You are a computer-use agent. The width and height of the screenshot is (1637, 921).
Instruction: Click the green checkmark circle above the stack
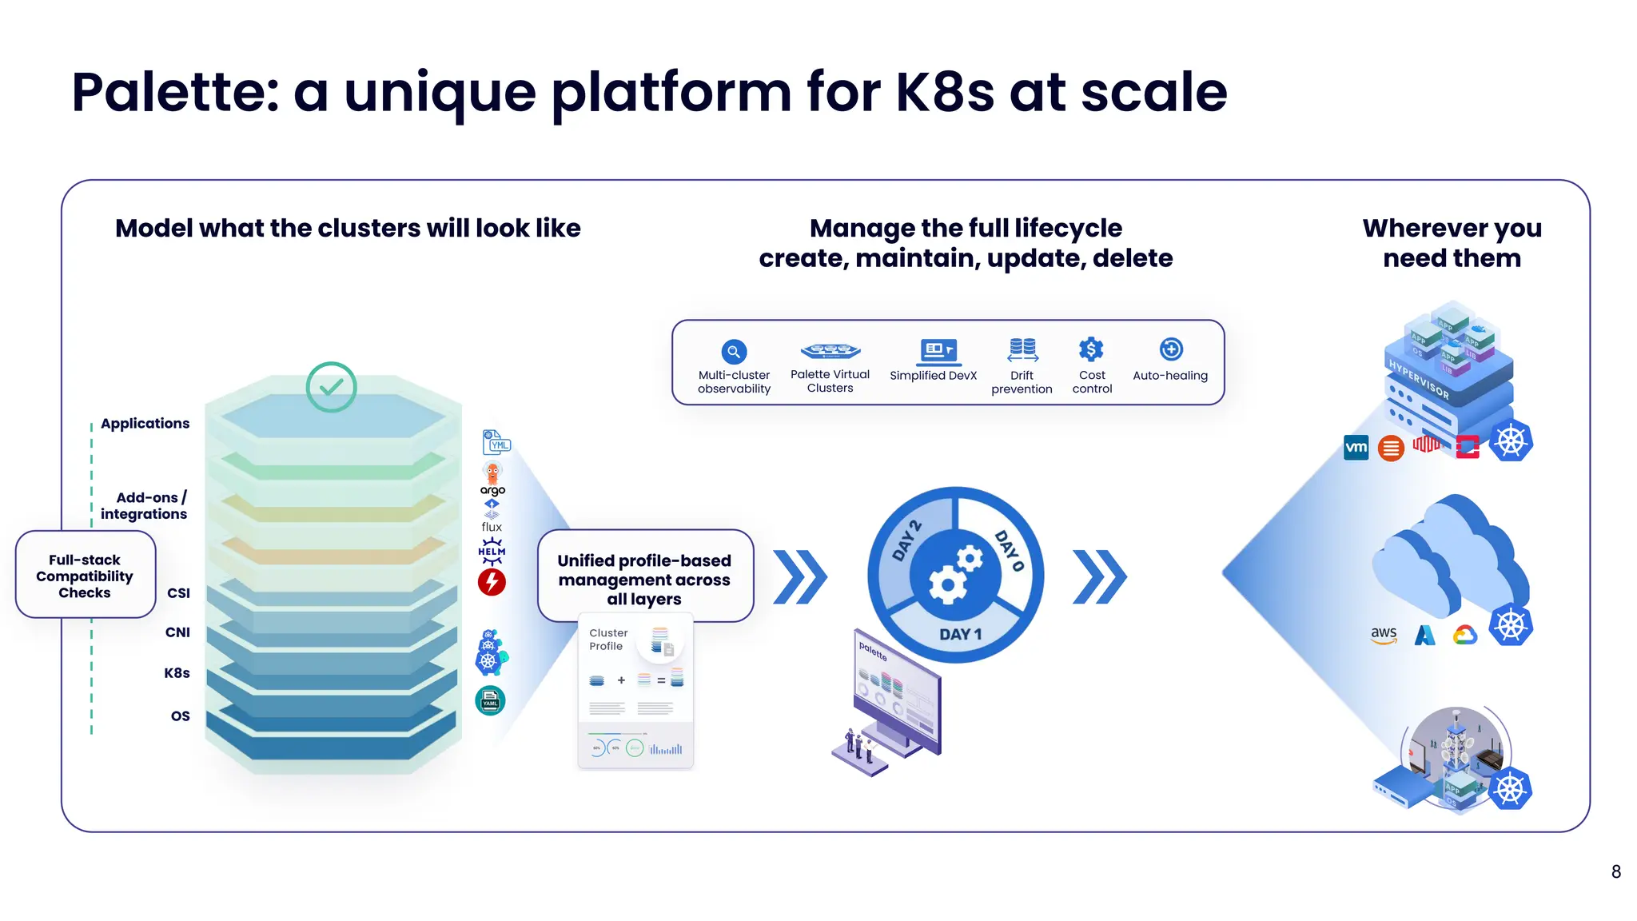point(331,387)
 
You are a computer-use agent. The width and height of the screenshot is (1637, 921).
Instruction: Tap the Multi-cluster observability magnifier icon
point(734,352)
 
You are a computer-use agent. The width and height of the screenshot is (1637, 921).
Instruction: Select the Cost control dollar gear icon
point(1091,349)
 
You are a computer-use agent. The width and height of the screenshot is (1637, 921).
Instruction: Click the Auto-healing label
point(1170,376)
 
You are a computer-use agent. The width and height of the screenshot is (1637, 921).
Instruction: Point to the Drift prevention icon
point(1022,349)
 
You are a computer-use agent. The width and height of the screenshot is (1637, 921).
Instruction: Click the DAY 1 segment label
point(960,634)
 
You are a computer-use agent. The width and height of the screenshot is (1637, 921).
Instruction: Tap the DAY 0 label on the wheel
point(1009,550)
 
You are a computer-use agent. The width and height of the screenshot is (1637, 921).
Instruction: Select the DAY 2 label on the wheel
point(907,541)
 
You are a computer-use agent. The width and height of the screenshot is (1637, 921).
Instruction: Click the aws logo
point(1384,636)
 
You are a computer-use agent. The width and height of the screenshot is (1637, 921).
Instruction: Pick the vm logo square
point(1356,447)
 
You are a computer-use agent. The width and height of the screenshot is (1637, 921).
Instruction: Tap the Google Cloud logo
point(1465,636)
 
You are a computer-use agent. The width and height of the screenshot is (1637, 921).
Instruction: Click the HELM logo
point(492,552)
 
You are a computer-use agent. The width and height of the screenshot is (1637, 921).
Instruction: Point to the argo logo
point(492,480)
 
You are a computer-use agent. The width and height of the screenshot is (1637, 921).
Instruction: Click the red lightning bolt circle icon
point(492,582)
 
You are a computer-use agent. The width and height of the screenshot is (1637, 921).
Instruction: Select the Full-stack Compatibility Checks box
point(85,576)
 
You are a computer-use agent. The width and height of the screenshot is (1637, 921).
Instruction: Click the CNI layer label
point(177,632)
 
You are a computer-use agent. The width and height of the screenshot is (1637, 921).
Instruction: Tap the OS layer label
point(180,716)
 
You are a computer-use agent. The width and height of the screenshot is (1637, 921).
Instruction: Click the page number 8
point(1615,872)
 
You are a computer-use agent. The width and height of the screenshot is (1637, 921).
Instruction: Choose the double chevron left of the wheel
point(800,576)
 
